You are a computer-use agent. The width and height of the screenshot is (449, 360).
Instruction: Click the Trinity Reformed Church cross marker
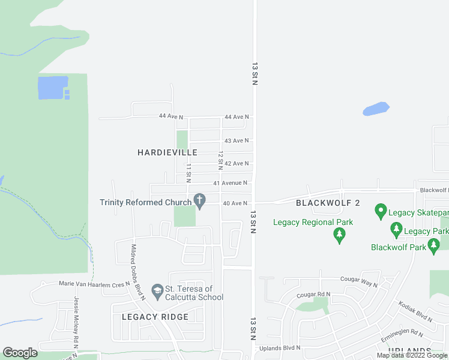pyautogui.click(x=199, y=199)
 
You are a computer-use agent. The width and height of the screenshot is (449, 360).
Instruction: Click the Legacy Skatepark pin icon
pyautogui.click(x=380, y=211)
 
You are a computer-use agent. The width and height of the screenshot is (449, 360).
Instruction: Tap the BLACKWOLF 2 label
pyautogui.click(x=328, y=203)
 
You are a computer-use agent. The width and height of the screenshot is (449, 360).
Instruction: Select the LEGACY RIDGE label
pyautogui.click(x=155, y=317)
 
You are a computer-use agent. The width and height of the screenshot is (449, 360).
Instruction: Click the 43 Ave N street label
pyautogui.click(x=236, y=140)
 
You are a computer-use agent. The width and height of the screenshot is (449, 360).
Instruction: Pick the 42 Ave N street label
pyautogui.click(x=236, y=163)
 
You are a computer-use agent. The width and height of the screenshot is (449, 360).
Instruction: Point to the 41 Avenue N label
pyautogui.click(x=230, y=183)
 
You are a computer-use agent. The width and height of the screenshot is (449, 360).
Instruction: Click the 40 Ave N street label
pyautogui.click(x=235, y=203)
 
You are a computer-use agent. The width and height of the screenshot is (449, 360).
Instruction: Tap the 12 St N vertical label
pyautogui.click(x=220, y=160)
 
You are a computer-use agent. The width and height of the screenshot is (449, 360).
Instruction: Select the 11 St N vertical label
pyautogui.click(x=188, y=173)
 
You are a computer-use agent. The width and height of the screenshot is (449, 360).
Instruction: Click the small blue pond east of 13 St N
pyautogui.click(x=376, y=109)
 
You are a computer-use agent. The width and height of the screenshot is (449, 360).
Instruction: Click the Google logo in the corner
pyautogui.click(x=20, y=353)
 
